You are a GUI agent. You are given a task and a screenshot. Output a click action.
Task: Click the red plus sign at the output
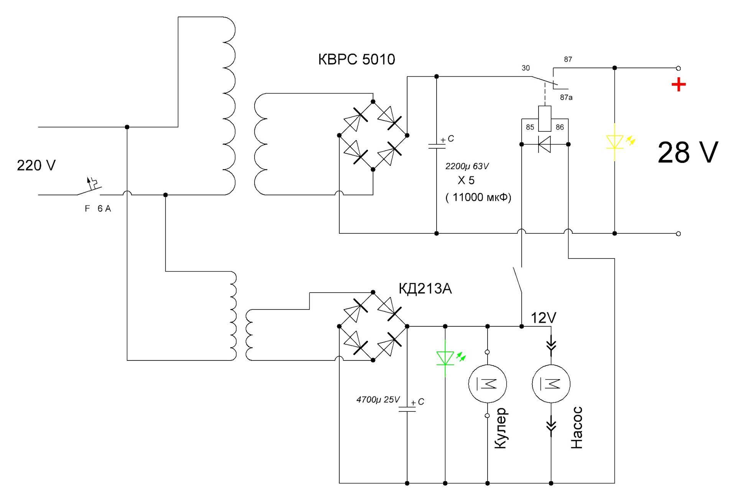click(x=678, y=85)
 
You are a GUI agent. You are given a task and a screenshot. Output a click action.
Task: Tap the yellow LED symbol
click(x=614, y=141)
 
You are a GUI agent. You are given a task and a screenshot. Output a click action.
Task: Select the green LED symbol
click(x=445, y=358)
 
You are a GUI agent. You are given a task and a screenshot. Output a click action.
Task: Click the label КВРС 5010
click(x=356, y=59)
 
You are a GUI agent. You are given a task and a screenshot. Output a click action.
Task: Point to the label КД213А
click(x=425, y=288)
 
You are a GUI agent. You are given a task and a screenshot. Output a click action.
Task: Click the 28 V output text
click(x=688, y=152)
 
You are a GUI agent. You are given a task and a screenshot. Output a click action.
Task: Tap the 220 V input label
click(x=36, y=165)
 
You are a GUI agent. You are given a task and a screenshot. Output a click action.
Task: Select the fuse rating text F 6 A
click(x=98, y=209)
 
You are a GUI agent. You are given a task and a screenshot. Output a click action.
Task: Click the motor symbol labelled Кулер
click(x=488, y=383)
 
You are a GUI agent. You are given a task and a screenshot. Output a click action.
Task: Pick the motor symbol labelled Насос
click(x=551, y=383)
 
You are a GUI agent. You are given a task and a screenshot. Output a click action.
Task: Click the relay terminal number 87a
click(x=566, y=97)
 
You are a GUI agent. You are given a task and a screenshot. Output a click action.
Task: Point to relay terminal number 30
click(x=526, y=68)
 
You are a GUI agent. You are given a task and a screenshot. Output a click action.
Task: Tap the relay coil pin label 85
click(x=530, y=127)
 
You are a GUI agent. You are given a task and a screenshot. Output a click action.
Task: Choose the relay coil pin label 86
click(x=560, y=127)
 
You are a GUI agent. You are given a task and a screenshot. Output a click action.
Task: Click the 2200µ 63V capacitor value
click(x=467, y=166)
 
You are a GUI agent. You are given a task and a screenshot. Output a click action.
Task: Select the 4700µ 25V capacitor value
click(x=378, y=400)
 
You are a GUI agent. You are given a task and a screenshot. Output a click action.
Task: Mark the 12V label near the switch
click(x=543, y=318)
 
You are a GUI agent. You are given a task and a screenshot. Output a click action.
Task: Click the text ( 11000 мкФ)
click(x=478, y=197)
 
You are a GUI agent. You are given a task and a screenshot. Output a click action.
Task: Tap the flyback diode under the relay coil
click(x=545, y=144)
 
